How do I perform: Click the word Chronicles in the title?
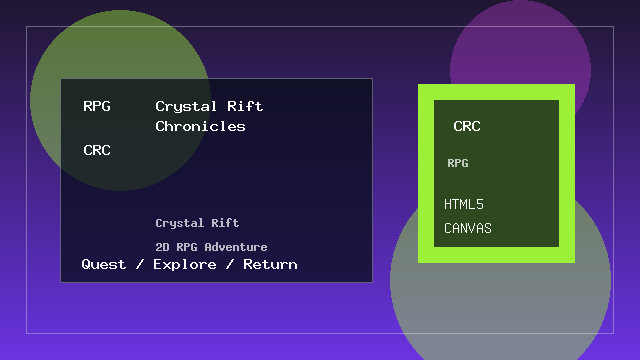click(200, 127)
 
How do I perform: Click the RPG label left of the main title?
click(97, 106)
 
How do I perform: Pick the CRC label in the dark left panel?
click(97, 151)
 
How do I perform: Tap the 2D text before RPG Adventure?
click(163, 247)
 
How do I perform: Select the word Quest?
click(104, 265)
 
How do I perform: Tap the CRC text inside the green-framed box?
click(467, 127)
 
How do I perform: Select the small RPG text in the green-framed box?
click(458, 163)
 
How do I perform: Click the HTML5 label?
click(464, 205)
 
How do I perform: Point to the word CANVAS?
click(468, 229)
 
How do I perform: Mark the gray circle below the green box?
click(500, 310)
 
